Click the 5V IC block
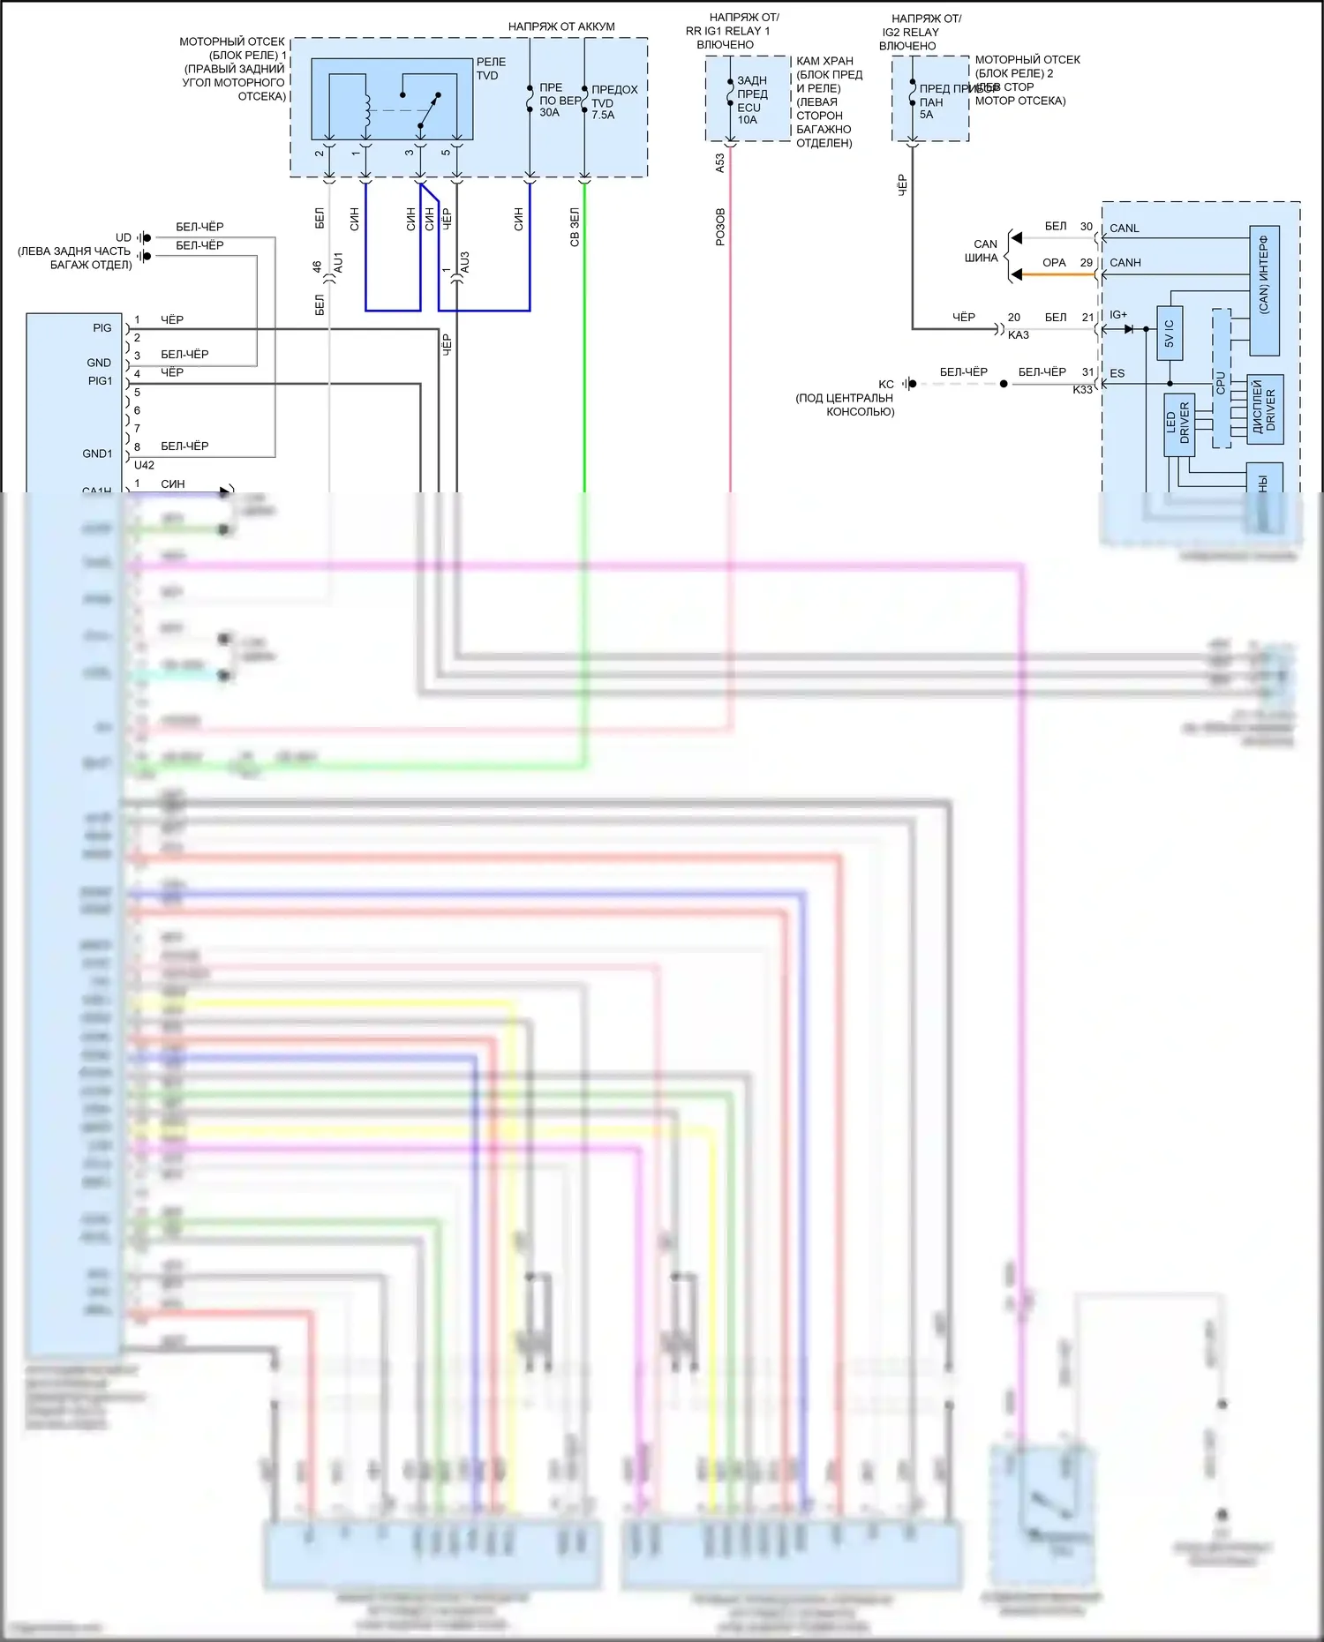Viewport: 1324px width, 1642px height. tap(1170, 334)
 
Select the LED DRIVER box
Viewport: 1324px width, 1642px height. tap(1178, 424)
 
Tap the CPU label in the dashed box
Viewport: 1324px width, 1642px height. tap(1221, 382)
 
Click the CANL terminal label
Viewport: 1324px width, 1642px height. tap(1125, 229)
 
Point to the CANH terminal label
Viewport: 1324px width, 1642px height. tap(1125, 263)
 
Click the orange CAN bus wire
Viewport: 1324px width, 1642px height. tap(1059, 274)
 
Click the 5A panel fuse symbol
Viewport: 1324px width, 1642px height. tap(912, 93)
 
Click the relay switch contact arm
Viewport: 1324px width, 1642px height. tap(429, 110)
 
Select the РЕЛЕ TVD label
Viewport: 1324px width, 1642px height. tap(491, 69)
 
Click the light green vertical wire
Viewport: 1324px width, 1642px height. tap(584, 353)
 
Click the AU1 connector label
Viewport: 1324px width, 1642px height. tap(338, 262)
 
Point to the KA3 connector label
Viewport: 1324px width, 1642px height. tap(1019, 335)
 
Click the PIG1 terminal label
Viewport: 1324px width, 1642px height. tap(101, 381)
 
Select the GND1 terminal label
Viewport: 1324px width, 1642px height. tap(98, 454)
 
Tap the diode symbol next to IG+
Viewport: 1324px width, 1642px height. tap(1128, 329)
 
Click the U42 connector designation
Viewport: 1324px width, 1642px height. tap(144, 466)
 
